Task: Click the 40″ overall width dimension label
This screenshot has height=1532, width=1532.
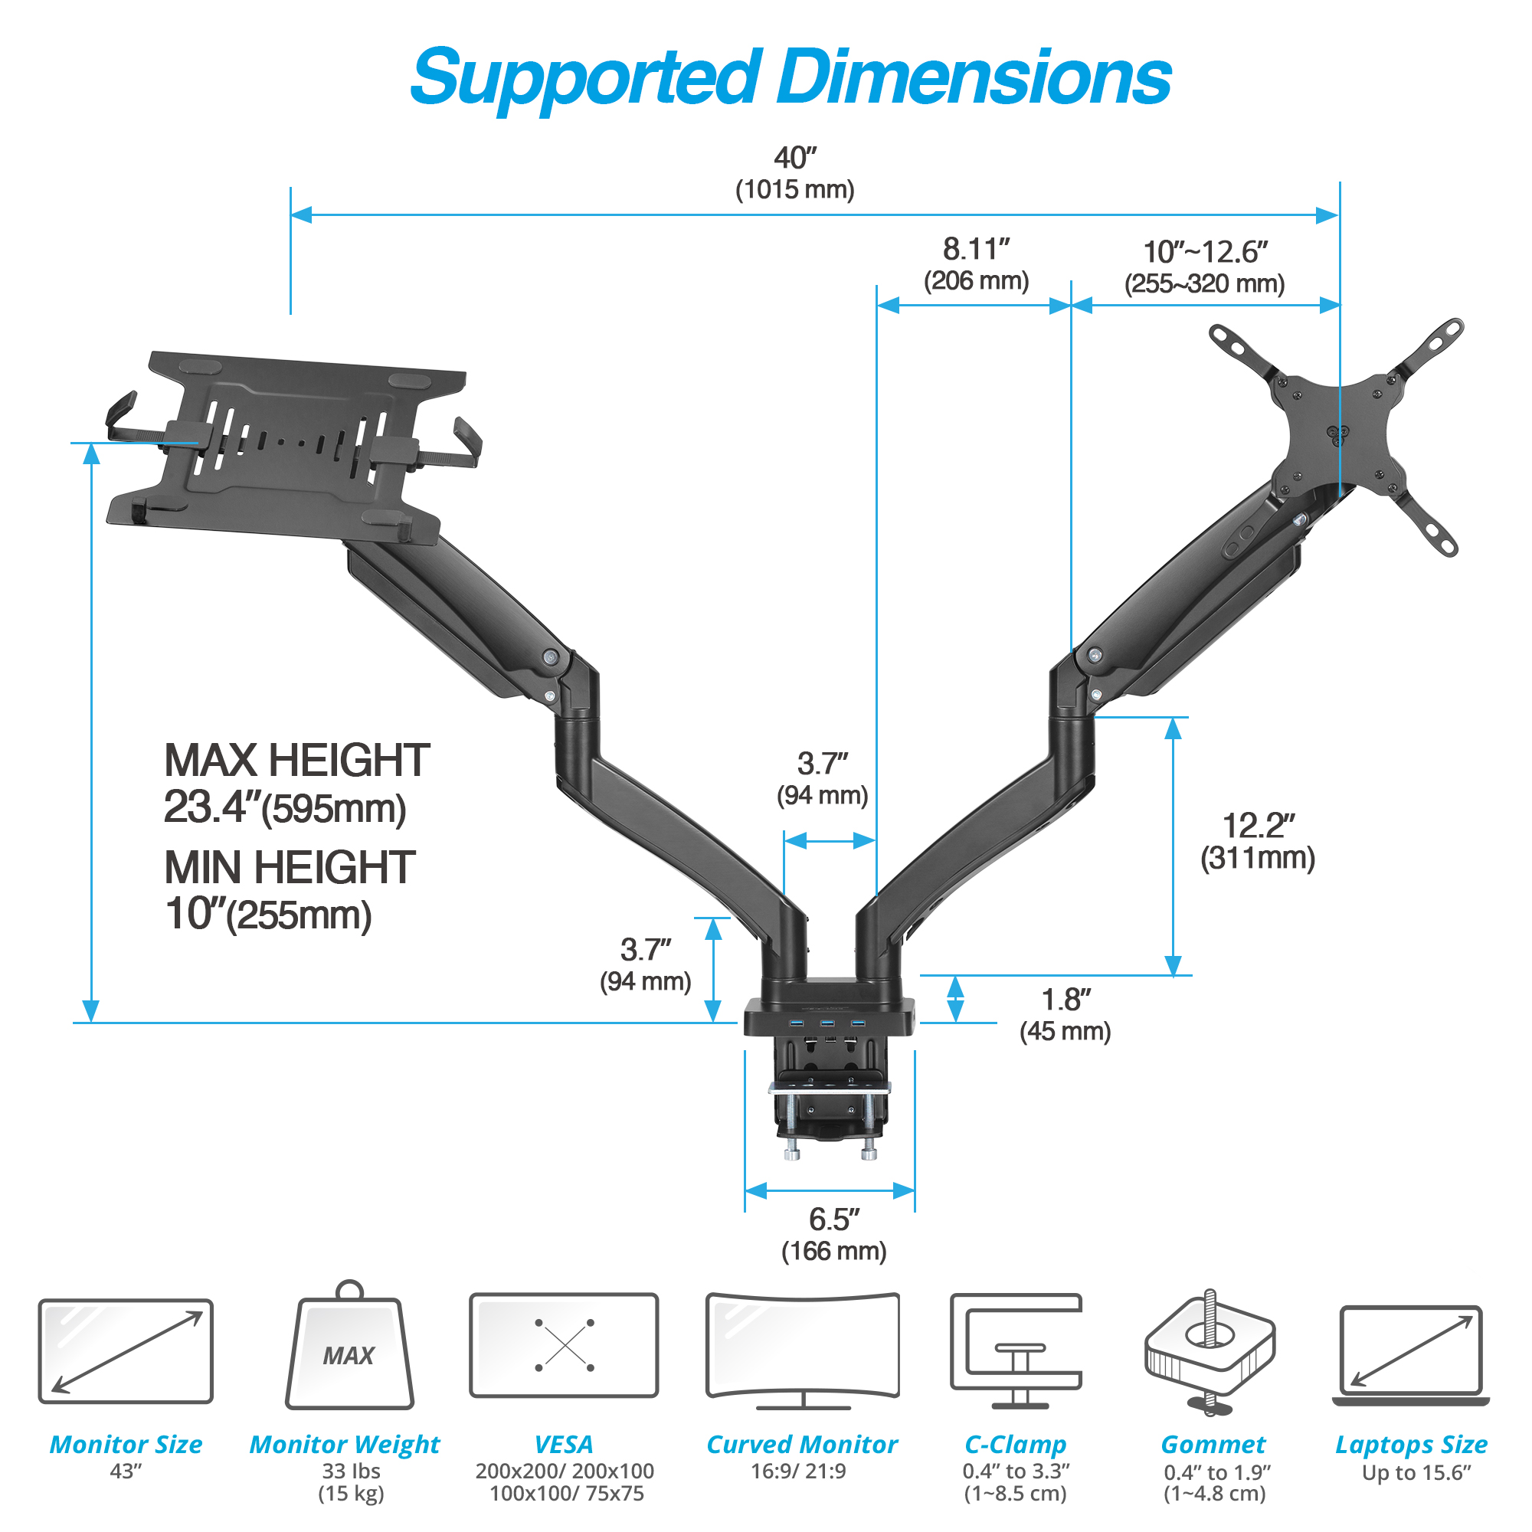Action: (794, 158)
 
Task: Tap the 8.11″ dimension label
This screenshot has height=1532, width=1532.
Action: (976, 249)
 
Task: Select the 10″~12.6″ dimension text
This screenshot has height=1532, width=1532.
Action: (1205, 252)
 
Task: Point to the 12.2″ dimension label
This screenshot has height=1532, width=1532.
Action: (1258, 826)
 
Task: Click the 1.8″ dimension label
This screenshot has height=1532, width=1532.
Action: (1066, 1000)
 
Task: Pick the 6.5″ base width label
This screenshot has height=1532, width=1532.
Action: (834, 1219)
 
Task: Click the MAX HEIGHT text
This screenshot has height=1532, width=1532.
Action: (296, 761)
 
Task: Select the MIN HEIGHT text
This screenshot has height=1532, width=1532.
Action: (290, 868)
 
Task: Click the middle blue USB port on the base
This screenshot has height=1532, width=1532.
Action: (827, 1023)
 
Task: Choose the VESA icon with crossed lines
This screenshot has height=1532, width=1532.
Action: (564, 1345)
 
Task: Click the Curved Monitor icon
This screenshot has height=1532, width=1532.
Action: (803, 1350)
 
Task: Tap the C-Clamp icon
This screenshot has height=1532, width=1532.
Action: (1016, 1350)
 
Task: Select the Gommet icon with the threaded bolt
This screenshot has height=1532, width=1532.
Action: (1210, 1352)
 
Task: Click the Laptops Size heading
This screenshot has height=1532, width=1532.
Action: (1411, 1444)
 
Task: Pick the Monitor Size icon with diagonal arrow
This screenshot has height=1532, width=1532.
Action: (126, 1350)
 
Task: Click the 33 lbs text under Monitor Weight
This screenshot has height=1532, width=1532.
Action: (351, 1471)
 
